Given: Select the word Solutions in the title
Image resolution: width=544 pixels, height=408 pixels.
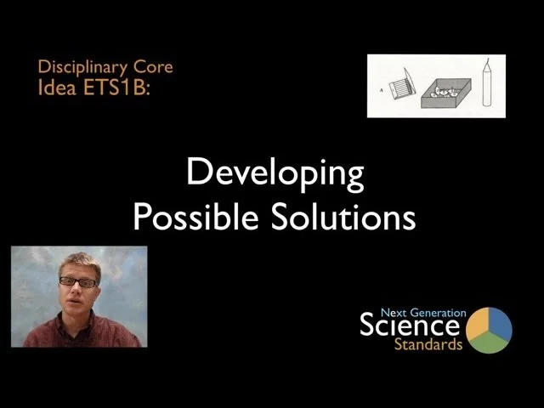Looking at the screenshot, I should [343, 218].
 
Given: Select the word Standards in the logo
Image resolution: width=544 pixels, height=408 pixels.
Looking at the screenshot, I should [428, 345].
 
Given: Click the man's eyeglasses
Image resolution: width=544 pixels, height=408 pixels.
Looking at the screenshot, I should [78, 282].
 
